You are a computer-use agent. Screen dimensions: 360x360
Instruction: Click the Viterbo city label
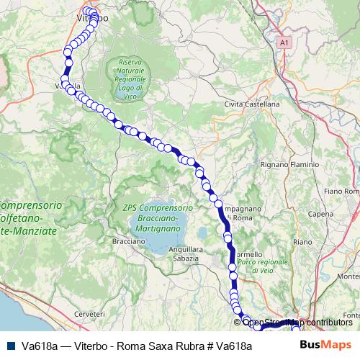81,15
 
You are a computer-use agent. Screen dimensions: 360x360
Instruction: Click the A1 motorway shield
284,43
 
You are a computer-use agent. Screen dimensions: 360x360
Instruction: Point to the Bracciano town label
129,241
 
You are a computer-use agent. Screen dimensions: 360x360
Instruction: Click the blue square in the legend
9,346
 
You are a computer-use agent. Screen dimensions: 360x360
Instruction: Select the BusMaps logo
325,345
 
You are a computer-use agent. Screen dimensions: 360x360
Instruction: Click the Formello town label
249,253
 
